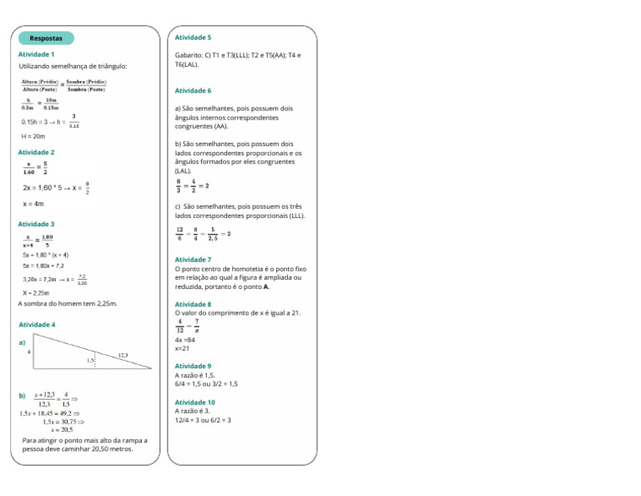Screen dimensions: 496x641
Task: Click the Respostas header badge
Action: point(46,38)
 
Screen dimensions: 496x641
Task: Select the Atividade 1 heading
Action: point(37,54)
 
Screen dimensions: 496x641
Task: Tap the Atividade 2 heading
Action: point(37,152)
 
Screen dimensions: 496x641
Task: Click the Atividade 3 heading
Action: point(37,224)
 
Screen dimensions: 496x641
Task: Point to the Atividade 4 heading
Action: point(37,324)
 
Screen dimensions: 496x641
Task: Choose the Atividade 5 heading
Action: point(193,38)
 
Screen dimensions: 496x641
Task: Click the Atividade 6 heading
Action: point(193,90)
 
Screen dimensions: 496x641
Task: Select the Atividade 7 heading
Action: point(193,260)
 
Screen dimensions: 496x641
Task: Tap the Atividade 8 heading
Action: point(193,305)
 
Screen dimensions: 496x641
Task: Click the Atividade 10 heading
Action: point(194,402)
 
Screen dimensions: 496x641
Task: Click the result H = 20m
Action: point(33,136)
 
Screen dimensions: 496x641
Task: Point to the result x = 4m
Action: point(33,204)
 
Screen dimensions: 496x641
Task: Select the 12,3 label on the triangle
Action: point(123,355)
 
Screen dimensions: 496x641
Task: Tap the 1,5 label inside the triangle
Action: point(90,361)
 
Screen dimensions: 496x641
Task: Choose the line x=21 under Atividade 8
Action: point(183,349)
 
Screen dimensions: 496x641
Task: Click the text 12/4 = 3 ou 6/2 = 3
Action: point(203,420)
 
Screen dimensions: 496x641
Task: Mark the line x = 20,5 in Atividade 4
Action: point(62,429)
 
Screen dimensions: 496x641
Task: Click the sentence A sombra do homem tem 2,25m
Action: point(68,303)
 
